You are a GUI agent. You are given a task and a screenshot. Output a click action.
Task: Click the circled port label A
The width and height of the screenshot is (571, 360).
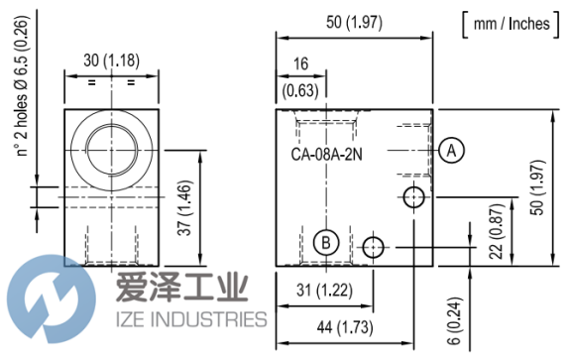click(x=451, y=150)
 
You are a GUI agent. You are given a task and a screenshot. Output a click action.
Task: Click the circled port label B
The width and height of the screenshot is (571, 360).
click(x=326, y=243)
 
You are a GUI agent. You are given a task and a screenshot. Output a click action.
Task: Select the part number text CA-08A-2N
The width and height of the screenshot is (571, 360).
click(x=326, y=155)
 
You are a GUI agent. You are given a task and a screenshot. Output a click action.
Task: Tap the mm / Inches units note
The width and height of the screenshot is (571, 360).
click(x=511, y=24)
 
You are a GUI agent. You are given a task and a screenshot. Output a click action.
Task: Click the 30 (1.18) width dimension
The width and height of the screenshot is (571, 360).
click(x=111, y=60)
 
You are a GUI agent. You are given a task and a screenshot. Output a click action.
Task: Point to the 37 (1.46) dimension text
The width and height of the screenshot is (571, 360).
click(x=184, y=208)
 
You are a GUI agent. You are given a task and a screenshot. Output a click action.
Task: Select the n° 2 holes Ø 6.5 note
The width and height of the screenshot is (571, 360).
click(x=22, y=86)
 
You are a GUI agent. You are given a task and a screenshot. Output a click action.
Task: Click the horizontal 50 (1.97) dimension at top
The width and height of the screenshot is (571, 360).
click(x=354, y=22)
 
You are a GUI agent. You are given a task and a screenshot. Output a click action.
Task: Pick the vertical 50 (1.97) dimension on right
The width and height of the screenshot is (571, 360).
click(x=538, y=187)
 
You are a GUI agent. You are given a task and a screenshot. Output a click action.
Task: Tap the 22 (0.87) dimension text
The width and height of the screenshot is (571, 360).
click(x=497, y=232)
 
